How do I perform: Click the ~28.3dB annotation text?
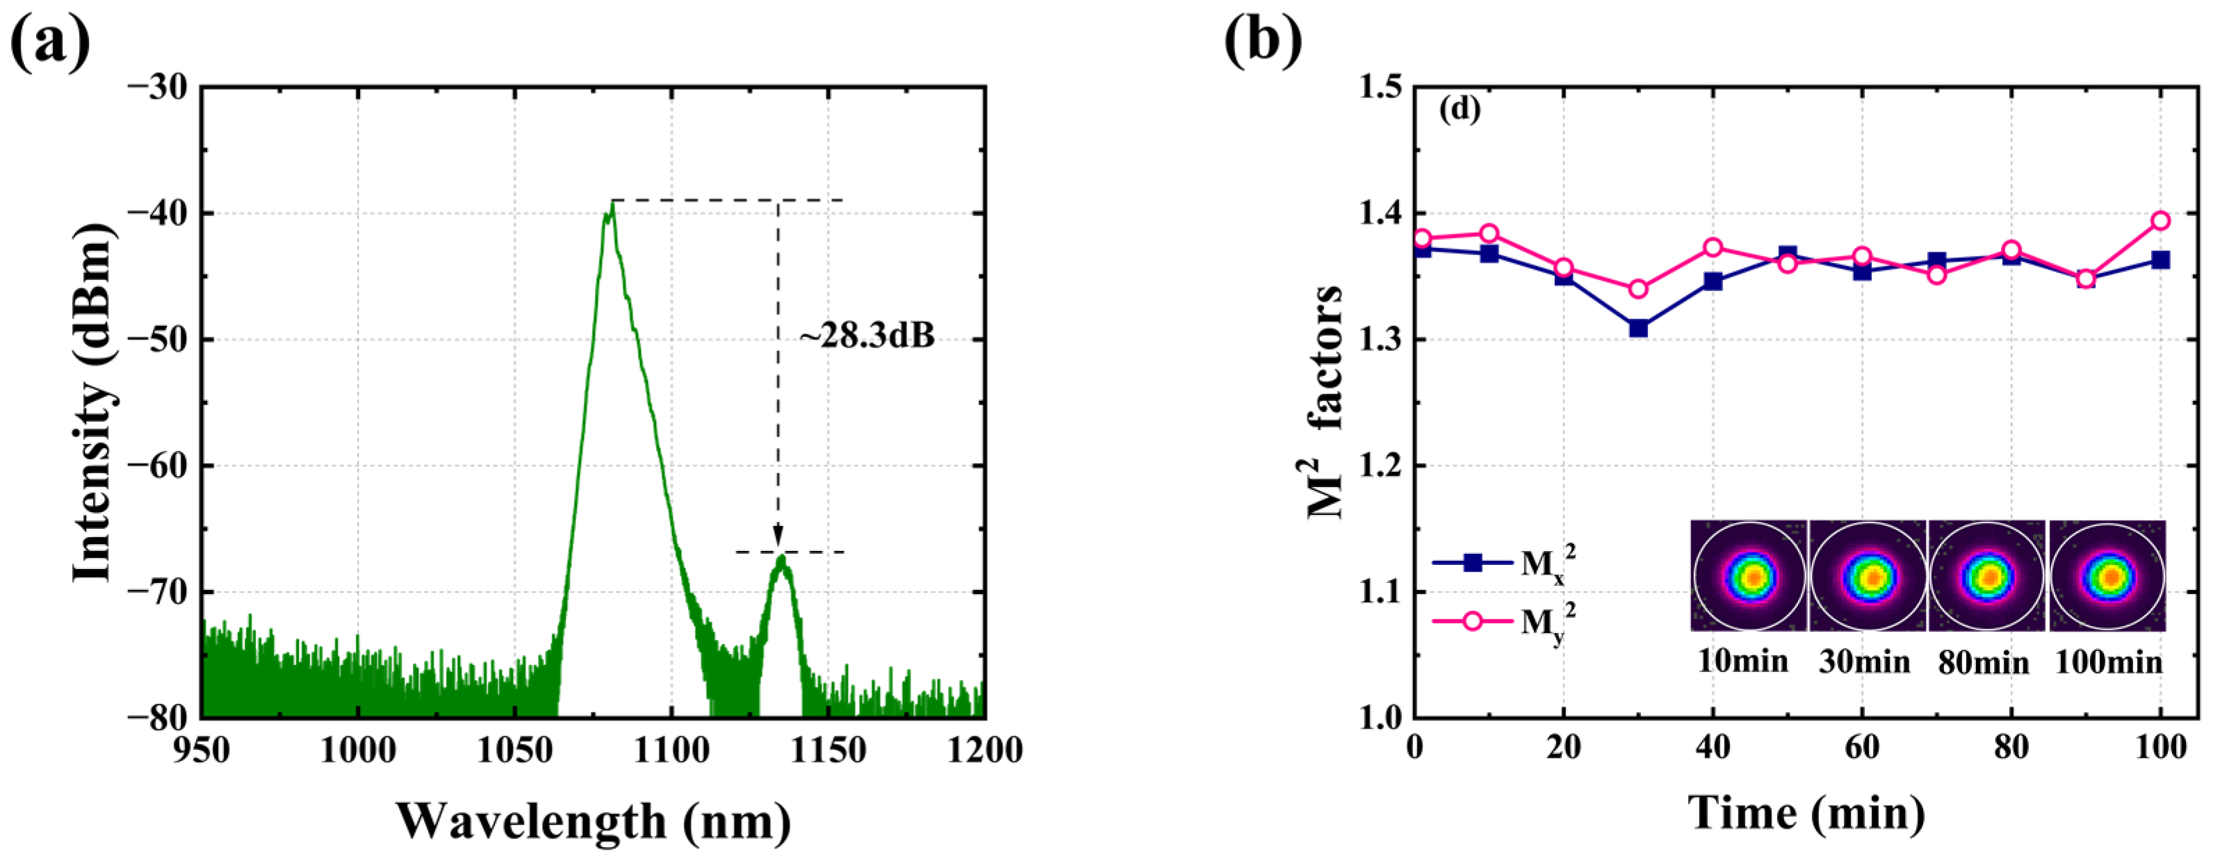coord(866,336)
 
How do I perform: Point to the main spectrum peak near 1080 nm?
coord(610,211)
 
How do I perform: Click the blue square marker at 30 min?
coord(1638,328)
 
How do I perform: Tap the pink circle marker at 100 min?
coord(2159,221)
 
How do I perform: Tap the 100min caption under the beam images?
coord(2107,662)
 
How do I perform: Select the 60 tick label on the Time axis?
coord(1861,748)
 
